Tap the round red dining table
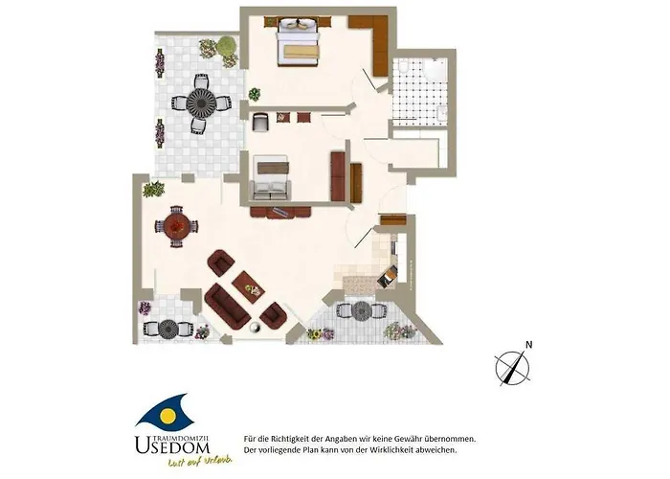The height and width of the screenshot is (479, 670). (x=175, y=226)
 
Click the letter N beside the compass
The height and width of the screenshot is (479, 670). (x=528, y=345)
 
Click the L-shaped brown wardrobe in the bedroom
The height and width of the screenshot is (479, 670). (x=377, y=38)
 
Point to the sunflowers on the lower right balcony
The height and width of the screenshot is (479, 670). (x=315, y=334)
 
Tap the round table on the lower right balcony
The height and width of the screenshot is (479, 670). (x=362, y=312)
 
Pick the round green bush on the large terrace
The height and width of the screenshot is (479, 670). (x=226, y=47)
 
